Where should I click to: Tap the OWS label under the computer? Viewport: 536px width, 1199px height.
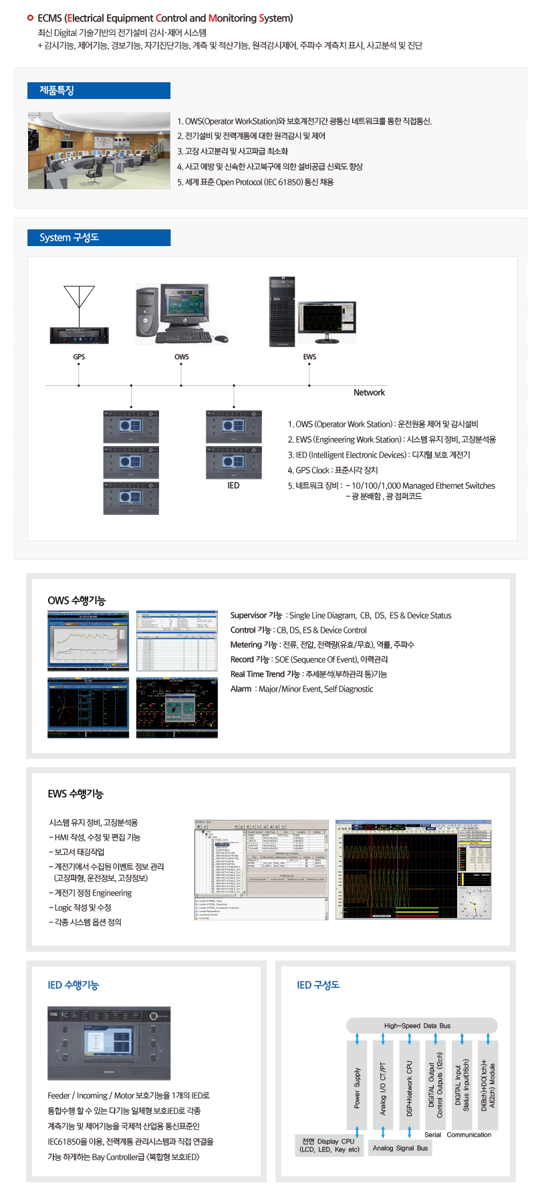182,357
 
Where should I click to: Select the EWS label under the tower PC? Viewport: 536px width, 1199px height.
309,357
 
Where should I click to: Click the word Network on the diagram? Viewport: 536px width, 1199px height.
369,393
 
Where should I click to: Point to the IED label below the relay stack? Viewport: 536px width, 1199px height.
233,485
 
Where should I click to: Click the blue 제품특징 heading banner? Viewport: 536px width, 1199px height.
99,90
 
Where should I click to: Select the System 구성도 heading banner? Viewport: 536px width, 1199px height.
99,237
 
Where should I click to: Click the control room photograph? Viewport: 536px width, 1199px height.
99,150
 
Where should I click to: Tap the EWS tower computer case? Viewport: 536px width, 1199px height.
282,312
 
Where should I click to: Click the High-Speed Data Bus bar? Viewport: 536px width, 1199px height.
422,1025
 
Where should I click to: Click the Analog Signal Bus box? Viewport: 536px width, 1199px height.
400,1148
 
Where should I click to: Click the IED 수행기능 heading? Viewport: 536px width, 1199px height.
73,985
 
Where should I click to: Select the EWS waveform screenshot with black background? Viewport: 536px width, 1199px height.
413,870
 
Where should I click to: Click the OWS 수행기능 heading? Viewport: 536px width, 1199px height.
76,601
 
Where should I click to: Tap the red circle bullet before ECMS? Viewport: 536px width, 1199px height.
30,18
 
